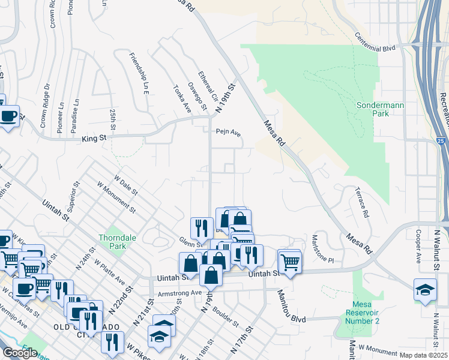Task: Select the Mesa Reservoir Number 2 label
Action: pyautogui.click(x=363, y=316)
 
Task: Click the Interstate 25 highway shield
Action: pyautogui.click(x=441, y=141)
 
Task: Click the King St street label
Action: pyautogui.click(x=94, y=139)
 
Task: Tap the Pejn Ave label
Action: pyautogui.click(x=229, y=133)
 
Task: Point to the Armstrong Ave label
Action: pyautogui.click(x=179, y=293)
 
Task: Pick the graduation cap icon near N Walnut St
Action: pyautogui.click(x=425, y=290)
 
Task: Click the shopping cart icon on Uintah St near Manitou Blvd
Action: pyautogui.click(x=290, y=262)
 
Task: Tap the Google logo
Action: pyautogui.click(x=20, y=353)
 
